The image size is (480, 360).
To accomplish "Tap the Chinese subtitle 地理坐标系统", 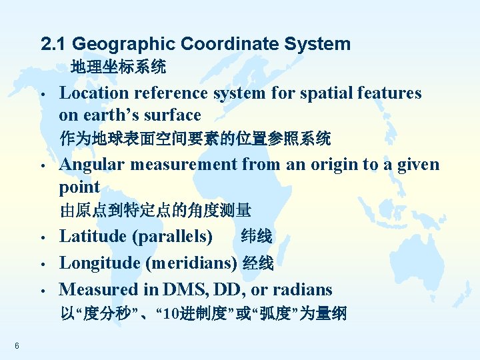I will point(119,67).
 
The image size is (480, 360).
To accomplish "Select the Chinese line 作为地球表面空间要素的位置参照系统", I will point(195,139).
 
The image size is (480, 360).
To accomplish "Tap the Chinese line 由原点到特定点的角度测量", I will point(155,211).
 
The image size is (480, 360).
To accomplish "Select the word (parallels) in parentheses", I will point(173,236).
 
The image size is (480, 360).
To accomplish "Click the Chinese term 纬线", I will point(256,236).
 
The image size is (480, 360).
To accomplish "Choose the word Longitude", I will point(99,263).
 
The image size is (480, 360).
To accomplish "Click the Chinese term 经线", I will point(258,263).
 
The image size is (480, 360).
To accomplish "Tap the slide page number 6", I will point(16,345).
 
